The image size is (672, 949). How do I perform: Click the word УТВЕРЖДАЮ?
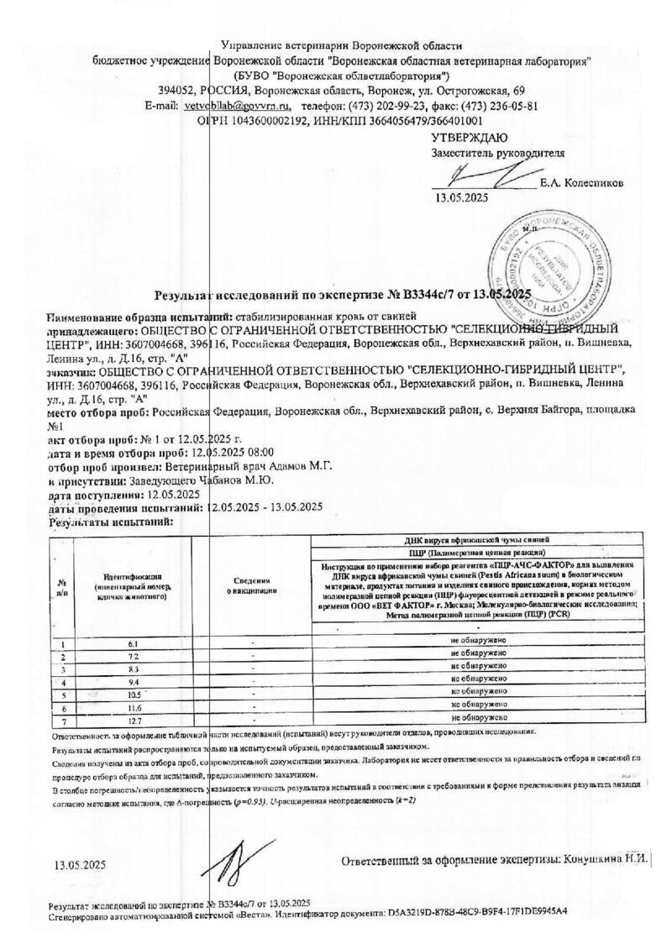pos(469,138)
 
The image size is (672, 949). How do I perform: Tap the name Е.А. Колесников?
pos(582,182)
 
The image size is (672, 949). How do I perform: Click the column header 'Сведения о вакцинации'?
pos(254,585)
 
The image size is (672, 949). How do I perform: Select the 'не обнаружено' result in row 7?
pos(477,719)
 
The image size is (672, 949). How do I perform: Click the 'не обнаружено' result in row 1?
pos(477,642)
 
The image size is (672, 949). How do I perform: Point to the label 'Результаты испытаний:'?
pos(111,522)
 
